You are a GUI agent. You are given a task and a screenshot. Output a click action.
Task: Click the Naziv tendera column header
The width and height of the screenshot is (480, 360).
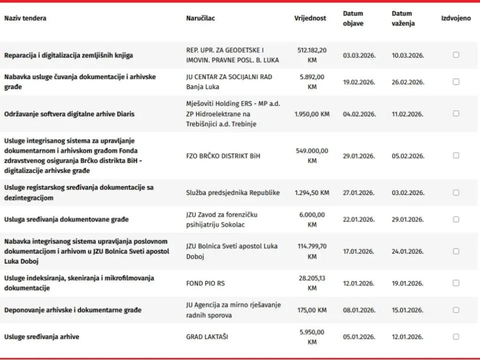click(x=25, y=18)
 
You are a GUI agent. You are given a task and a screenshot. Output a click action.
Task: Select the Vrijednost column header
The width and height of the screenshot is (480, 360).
click(x=310, y=18)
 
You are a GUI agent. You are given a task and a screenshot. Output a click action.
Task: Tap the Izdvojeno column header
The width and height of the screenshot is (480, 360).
click(x=455, y=18)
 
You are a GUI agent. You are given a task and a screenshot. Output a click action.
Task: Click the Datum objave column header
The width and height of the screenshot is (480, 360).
click(x=353, y=18)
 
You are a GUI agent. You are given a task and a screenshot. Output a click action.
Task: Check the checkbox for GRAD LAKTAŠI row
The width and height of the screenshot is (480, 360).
click(x=456, y=336)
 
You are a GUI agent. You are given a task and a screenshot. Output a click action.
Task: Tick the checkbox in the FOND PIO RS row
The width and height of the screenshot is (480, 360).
click(x=456, y=283)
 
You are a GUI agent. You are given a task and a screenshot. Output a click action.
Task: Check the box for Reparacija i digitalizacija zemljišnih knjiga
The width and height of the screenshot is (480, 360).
click(x=456, y=55)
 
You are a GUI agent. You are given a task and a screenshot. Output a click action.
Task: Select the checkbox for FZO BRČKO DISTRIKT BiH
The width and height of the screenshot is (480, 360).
click(x=456, y=155)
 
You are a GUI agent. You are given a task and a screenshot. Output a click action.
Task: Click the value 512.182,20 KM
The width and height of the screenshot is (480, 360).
click(x=312, y=55)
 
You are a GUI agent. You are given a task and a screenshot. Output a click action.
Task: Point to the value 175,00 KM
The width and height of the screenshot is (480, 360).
click(x=312, y=310)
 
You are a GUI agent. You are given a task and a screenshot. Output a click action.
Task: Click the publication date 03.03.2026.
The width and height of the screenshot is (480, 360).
click(x=359, y=55)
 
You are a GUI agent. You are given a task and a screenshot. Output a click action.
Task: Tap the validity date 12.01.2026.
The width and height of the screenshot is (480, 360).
click(x=407, y=337)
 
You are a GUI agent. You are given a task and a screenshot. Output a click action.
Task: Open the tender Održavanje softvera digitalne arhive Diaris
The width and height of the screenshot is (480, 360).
click(x=69, y=114)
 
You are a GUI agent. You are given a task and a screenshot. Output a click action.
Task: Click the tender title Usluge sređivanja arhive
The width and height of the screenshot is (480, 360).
click(x=41, y=337)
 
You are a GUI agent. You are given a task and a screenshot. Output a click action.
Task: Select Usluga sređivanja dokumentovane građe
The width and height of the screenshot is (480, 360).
click(x=66, y=219)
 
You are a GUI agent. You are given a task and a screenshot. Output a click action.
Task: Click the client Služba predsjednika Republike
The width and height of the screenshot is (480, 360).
click(x=232, y=192)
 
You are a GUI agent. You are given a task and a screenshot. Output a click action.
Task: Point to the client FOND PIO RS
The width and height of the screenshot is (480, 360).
click(x=205, y=283)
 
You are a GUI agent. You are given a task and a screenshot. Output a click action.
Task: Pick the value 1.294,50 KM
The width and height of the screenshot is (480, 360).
click(x=312, y=192)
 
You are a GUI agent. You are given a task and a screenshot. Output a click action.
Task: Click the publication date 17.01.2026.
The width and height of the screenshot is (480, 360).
click(x=359, y=251)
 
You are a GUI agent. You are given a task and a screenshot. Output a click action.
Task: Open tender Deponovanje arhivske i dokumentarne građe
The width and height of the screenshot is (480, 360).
click(x=72, y=310)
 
